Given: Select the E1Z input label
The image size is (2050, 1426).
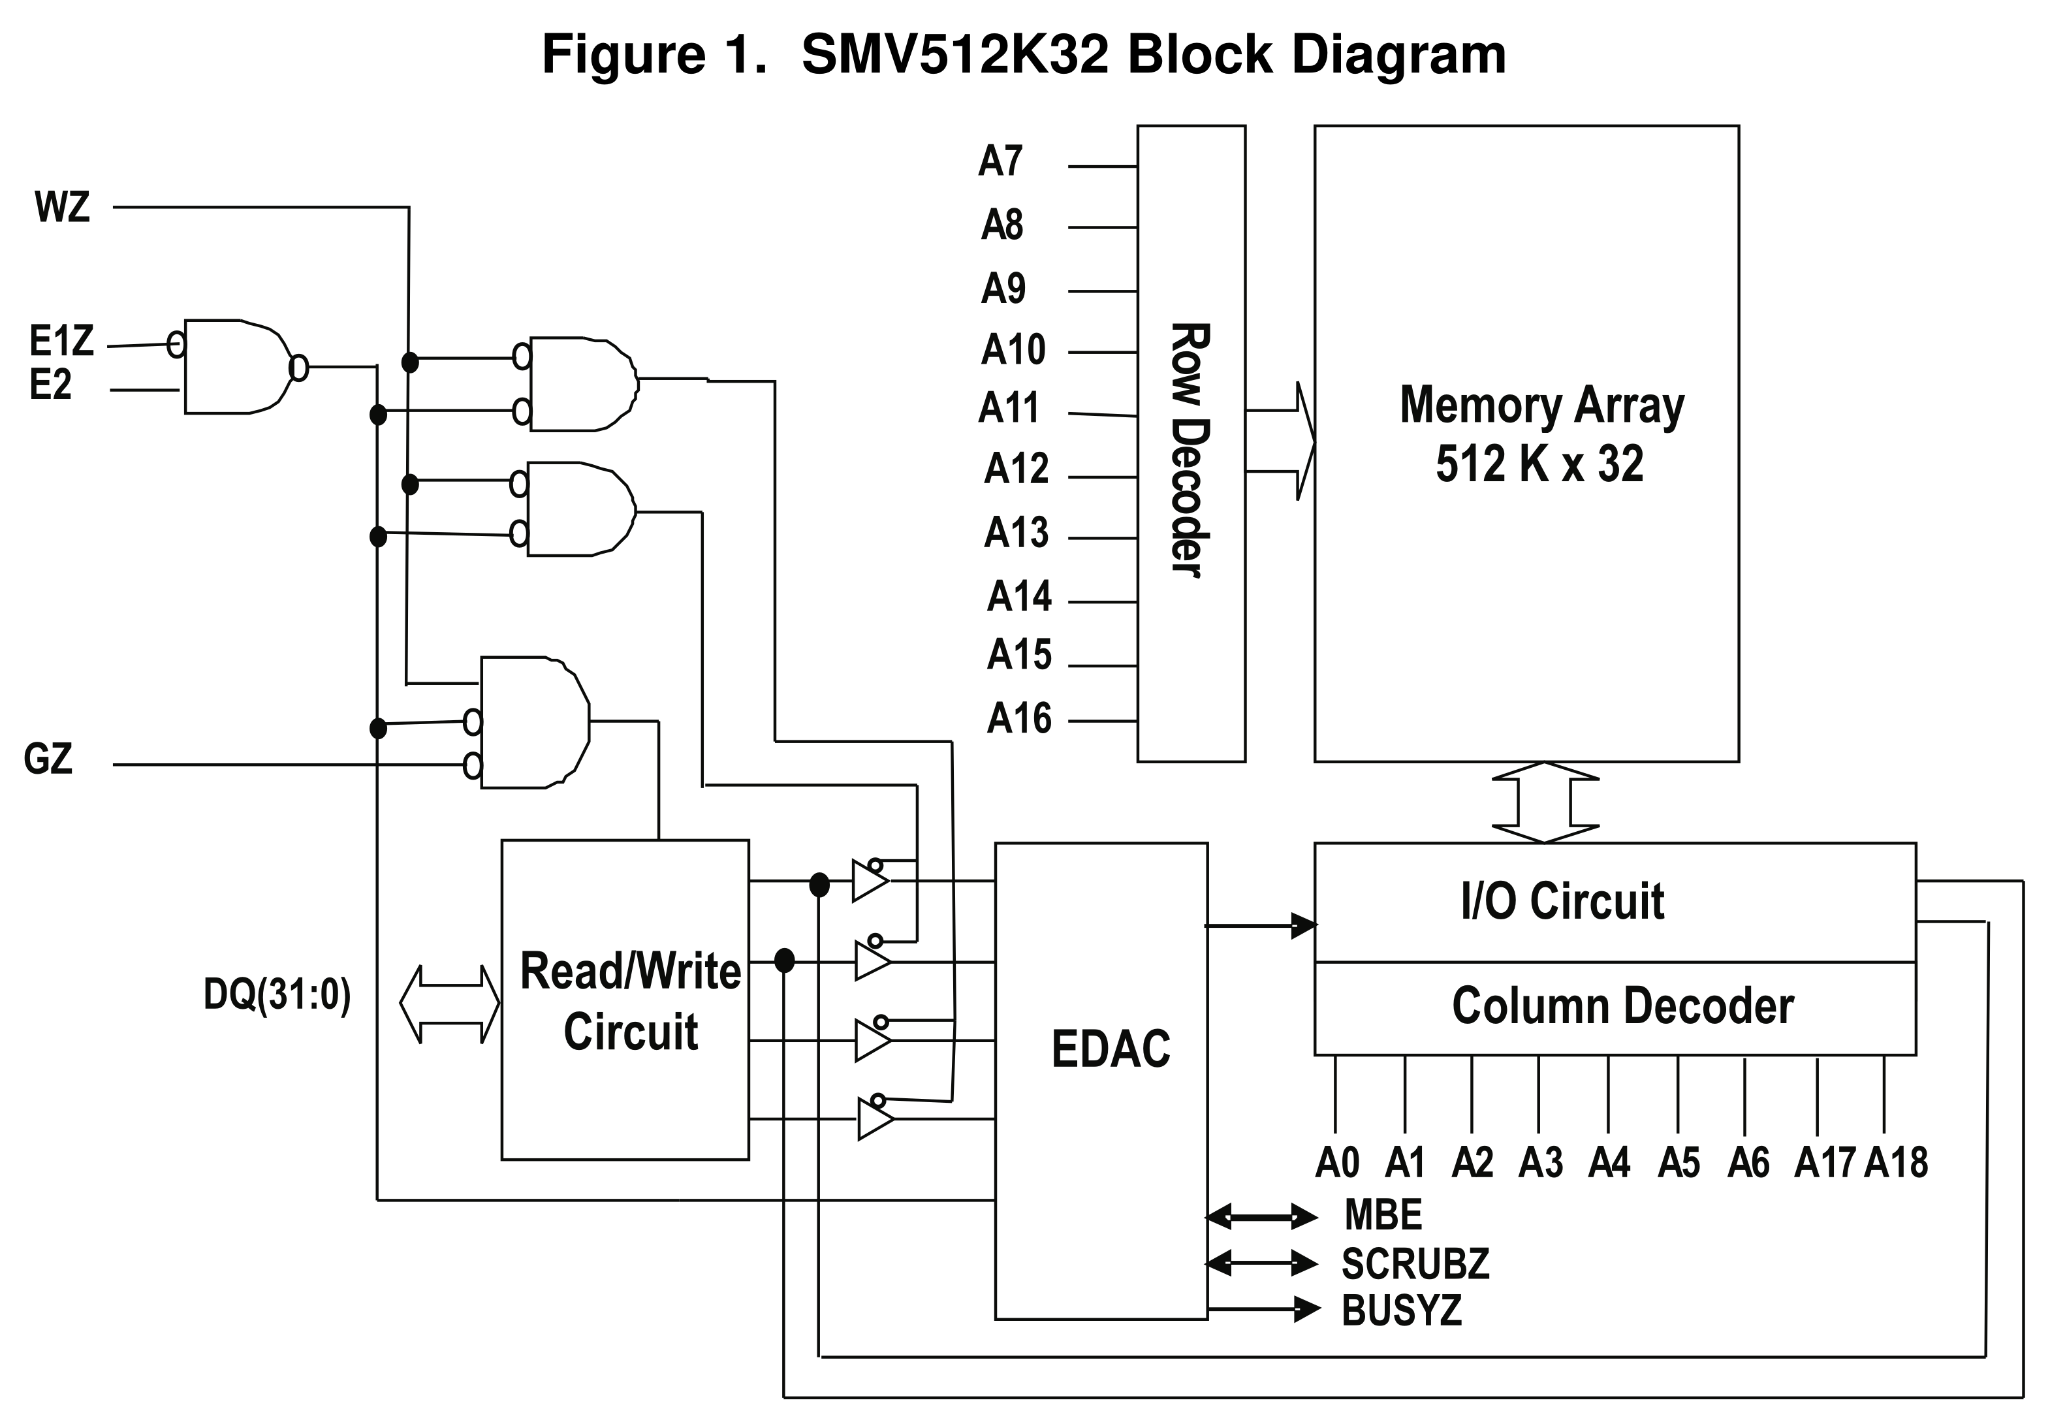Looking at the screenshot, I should pos(61,342).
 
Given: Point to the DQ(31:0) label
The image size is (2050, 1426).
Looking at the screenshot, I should pos(277,994).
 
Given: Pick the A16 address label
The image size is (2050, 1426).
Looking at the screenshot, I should pos(1018,718).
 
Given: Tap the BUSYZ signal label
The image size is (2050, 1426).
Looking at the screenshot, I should pos(1402,1310).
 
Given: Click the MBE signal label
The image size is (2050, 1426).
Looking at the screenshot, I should pos(1383,1215).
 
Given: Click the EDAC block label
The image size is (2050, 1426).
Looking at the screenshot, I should pos(1111,1049).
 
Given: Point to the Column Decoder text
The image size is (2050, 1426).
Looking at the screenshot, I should pos(1622,1006).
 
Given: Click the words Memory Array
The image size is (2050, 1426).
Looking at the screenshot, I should pos(1542,405).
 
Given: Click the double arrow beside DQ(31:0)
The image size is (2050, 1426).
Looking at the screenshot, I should pos(449,1004).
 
